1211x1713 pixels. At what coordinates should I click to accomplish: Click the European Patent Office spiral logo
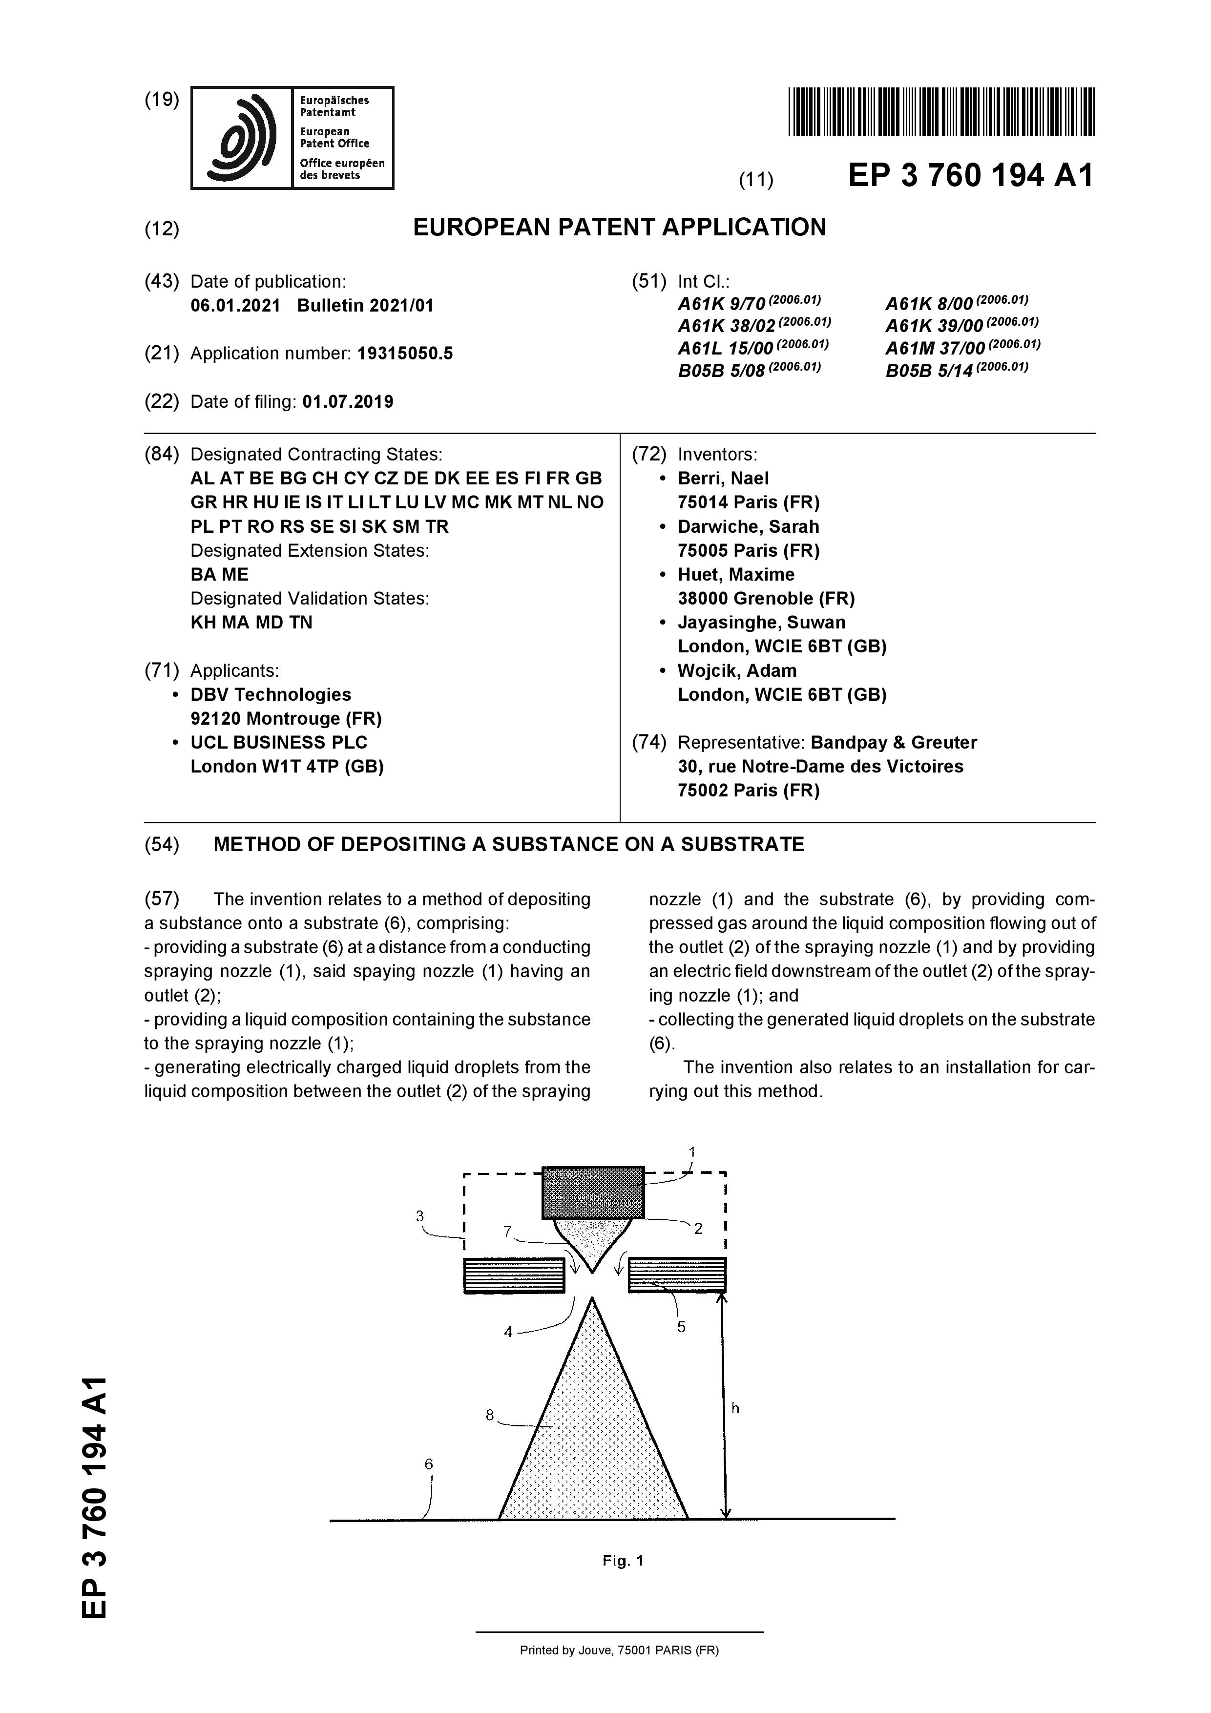[x=241, y=138]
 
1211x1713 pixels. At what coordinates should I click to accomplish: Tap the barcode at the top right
[x=941, y=112]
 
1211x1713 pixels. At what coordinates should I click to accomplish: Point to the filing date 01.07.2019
[x=348, y=401]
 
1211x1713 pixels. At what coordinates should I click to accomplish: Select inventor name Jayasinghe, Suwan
[x=761, y=622]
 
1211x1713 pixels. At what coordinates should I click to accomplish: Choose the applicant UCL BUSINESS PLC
[x=279, y=742]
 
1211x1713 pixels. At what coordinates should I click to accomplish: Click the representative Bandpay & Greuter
[x=893, y=742]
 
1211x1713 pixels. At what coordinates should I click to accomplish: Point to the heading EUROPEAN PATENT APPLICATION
[x=619, y=227]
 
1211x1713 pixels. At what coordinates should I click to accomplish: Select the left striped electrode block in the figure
[x=514, y=1275]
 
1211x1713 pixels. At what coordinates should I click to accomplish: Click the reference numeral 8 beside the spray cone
[x=489, y=1415]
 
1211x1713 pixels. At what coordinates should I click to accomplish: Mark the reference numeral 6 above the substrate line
[x=428, y=1464]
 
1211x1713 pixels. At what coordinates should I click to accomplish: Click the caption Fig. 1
[x=622, y=1561]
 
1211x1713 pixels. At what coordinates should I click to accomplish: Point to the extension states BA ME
[x=219, y=574]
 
